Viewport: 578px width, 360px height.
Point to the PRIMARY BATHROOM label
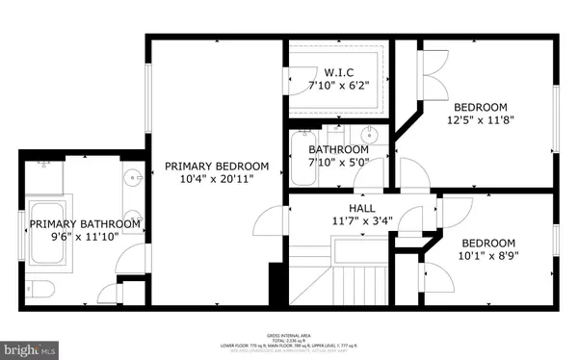(85, 224)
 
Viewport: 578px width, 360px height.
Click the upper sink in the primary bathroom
(132, 178)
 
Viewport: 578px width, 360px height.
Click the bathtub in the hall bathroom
(297, 159)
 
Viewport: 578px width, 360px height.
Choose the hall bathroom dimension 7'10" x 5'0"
(339, 163)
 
